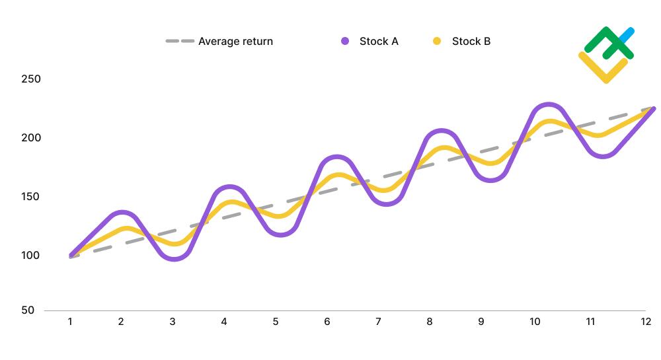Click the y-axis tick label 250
tap(31, 79)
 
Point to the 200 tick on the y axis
tap(31, 138)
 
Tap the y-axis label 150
tap(31, 197)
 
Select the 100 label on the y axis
tap(31, 256)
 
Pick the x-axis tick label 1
tap(69, 322)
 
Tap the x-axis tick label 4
tap(224, 322)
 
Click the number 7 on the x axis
tap(378, 322)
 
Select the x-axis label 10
tap(535, 322)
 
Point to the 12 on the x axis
tap(646, 322)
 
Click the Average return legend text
tap(235, 41)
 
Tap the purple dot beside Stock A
tap(345, 41)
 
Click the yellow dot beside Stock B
tap(437, 41)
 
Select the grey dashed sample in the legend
tap(179, 41)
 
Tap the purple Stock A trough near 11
tap(603, 156)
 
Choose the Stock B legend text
tap(471, 41)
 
